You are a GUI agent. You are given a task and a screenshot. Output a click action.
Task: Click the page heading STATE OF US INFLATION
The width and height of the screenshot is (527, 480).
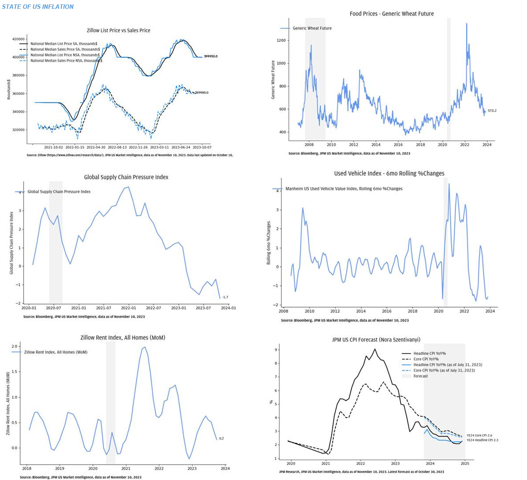point(37,7)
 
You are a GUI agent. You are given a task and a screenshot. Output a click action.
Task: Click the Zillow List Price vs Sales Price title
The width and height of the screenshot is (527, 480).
point(118,30)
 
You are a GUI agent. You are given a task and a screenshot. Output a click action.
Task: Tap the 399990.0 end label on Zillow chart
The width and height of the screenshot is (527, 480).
point(211,56)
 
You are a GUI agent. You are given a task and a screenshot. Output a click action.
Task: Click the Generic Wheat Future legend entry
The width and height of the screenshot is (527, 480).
point(312,28)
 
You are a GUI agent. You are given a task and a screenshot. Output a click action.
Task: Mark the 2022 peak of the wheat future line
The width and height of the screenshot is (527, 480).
point(467,24)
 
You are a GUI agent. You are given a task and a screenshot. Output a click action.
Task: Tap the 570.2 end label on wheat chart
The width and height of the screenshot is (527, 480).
point(492,111)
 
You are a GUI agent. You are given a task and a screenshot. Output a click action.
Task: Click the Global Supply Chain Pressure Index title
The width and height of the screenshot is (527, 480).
point(126,177)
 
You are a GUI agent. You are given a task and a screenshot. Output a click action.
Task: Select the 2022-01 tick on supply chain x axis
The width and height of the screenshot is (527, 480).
point(128,308)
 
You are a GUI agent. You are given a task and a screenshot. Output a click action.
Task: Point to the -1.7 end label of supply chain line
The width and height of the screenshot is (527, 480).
point(225,297)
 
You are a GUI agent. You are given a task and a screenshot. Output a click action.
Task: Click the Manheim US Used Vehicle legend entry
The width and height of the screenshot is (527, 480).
point(344,189)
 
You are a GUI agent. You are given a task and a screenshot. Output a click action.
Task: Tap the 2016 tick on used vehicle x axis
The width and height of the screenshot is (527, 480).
point(386,311)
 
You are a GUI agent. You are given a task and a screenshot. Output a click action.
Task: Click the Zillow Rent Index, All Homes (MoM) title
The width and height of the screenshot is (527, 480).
point(122,338)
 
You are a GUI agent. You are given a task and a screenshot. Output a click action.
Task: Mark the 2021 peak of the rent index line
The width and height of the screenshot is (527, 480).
point(145,347)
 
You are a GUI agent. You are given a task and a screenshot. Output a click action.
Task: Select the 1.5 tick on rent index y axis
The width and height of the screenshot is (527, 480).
point(15,372)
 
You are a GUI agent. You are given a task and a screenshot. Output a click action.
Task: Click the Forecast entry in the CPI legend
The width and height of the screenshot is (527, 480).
point(420,376)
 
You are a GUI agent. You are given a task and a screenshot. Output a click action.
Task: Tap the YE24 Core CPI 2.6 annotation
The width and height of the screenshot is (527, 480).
point(479,435)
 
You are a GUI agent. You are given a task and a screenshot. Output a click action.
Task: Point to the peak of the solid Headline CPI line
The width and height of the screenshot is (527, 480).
point(375,349)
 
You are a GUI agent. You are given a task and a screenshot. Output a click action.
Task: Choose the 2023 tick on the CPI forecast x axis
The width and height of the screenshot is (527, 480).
point(395,464)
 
